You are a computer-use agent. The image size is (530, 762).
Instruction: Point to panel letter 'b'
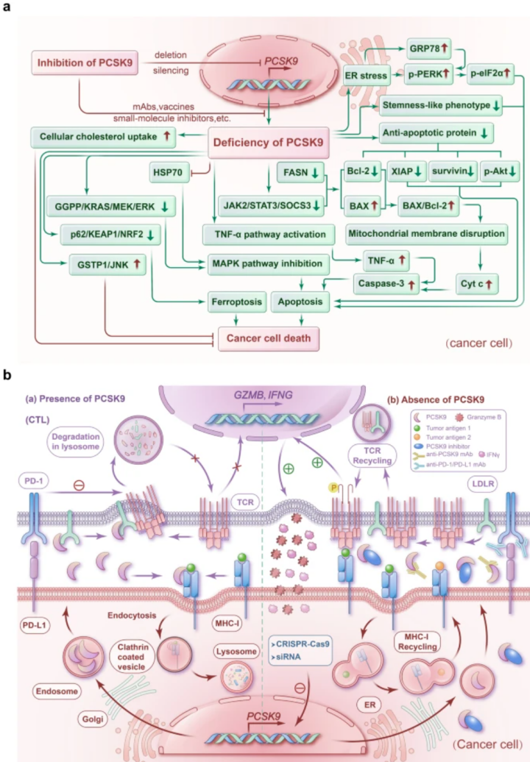[x=7, y=374]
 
